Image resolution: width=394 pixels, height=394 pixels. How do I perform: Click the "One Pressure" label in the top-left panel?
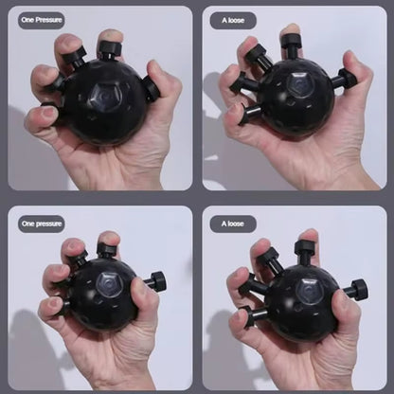[x=42, y=20]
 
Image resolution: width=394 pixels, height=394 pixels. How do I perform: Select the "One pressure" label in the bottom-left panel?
[x=42, y=223]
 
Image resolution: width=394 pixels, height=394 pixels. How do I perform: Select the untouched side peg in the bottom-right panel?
[x=356, y=289]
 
